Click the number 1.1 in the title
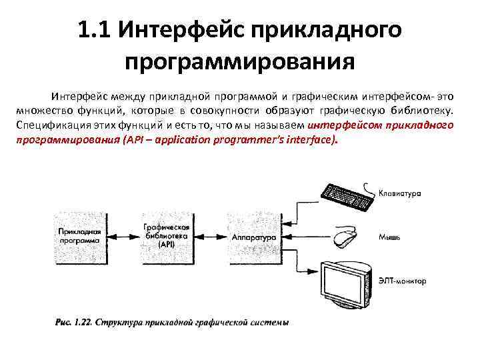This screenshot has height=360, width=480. point(91,31)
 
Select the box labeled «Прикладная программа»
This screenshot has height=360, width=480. point(79,237)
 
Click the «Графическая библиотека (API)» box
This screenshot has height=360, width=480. point(167,236)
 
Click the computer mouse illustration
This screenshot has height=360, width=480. point(345,237)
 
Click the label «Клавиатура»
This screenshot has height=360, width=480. point(400,193)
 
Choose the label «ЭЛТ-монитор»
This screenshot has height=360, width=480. point(401,281)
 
